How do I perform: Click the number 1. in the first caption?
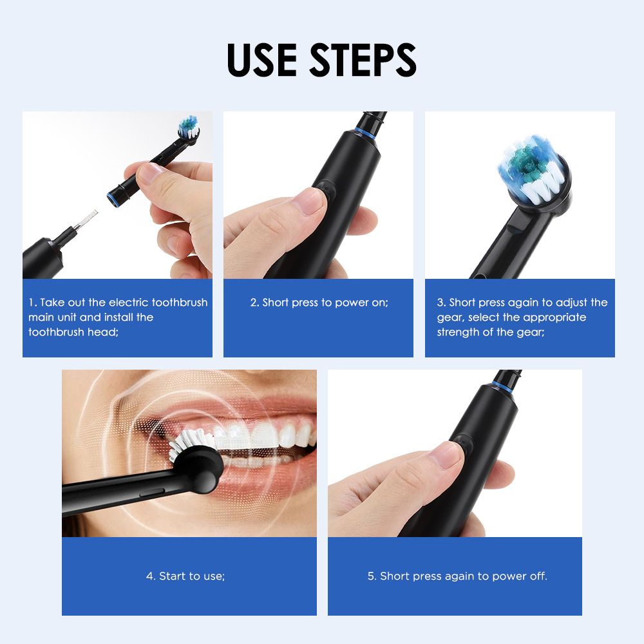pyautogui.click(x=33, y=303)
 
